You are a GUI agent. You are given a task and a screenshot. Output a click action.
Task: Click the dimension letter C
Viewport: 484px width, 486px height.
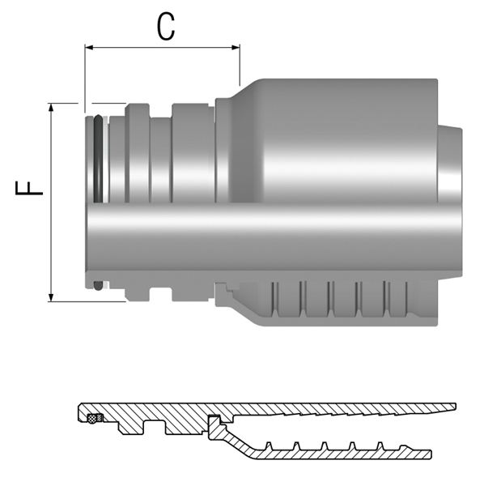[166, 27]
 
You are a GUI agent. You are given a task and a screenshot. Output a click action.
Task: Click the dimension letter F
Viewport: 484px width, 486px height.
[29, 188]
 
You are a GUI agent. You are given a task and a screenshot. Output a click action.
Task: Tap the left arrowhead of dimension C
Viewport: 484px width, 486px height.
[89, 48]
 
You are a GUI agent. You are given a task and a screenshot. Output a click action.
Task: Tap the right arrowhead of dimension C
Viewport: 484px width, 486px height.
[236, 48]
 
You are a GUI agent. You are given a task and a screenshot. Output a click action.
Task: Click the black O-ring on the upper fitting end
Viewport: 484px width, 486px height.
[98, 159]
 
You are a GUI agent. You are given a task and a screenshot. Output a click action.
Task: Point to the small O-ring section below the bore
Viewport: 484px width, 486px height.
[98, 286]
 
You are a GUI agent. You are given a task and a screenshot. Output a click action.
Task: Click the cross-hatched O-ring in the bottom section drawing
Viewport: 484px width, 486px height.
[91, 419]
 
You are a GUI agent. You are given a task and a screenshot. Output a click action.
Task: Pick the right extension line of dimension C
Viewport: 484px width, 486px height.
[240, 65]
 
